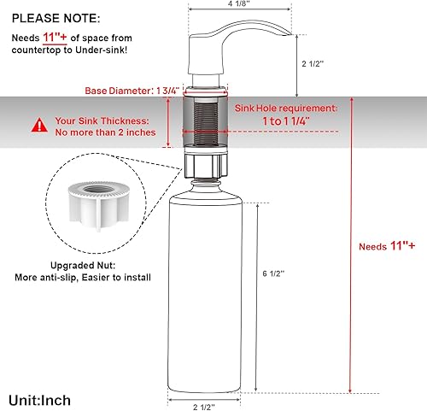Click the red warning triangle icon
[x=39, y=126]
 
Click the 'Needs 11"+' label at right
[x=388, y=246]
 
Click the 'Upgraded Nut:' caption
[x=92, y=265]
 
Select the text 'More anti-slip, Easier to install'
[x=92, y=278]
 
